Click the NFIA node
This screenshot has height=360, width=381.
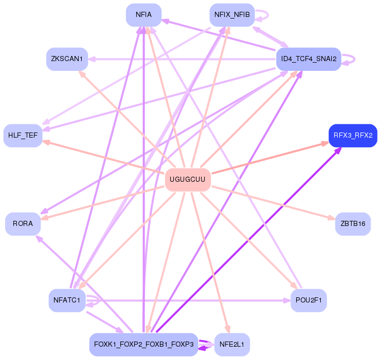click(x=143, y=15)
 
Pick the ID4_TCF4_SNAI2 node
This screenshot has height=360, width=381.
click(x=309, y=59)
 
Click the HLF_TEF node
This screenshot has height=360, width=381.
click(x=23, y=136)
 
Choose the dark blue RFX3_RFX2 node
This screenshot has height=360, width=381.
click(x=353, y=136)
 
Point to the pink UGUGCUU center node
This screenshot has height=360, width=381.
click(x=188, y=180)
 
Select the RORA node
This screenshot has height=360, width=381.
click(x=23, y=224)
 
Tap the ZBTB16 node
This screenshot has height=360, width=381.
click(x=353, y=224)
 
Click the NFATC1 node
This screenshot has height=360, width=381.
click(x=67, y=300)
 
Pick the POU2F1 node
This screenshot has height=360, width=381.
click(x=309, y=300)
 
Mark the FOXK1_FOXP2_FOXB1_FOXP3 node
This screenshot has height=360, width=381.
click(x=143, y=345)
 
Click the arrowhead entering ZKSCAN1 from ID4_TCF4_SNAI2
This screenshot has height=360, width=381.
click(x=92, y=59)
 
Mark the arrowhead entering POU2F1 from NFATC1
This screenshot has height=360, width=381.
click(x=287, y=300)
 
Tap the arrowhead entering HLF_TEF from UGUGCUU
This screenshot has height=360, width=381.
click(x=45, y=142)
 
